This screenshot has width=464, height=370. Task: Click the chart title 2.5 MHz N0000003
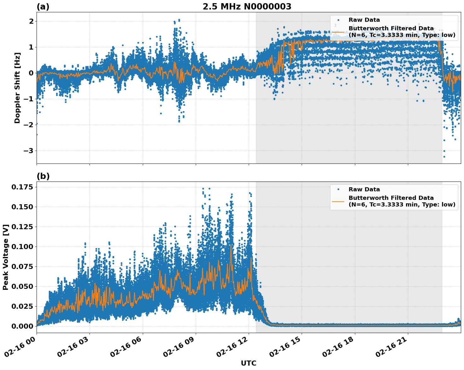click(247, 7)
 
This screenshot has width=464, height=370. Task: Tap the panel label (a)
click(43, 7)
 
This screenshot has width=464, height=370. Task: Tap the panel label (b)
click(43, 176)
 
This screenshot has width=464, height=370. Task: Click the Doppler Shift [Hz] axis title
click(17, 88)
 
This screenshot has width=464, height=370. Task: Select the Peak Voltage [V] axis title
click(5, 257)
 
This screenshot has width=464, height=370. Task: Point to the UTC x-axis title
click(248, 363)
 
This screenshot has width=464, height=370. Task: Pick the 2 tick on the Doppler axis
click(31, 21)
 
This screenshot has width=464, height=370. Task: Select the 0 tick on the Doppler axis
click(31, 73)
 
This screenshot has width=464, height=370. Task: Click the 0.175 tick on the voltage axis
click(22, 187)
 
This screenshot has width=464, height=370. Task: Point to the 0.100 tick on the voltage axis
click(22, 247)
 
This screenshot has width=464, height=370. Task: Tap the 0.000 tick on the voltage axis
click(22, 326)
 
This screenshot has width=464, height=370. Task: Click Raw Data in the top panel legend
click(364, 20)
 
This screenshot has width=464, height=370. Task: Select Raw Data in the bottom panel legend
click(364, 189)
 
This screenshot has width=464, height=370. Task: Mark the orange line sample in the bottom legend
click(338, 201)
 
